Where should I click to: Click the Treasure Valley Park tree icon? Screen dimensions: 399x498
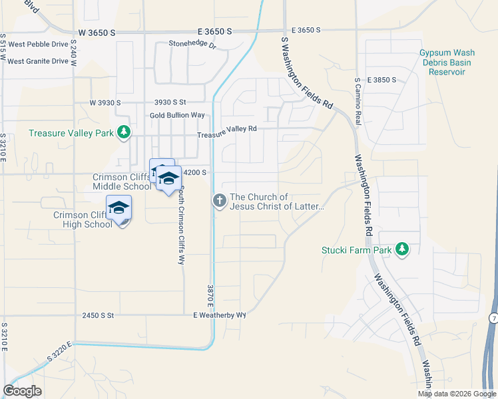pyautogui.click(x=123, y=133)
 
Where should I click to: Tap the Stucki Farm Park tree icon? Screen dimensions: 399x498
pyautogui.click(x=401, y=249)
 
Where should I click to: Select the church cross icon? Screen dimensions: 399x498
pyautogui.click(x=219, y=200)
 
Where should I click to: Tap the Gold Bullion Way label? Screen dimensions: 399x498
pyautogui.click(x=177, y=115)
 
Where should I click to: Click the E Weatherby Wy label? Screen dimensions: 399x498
pyautogui.click(x=220, y=315)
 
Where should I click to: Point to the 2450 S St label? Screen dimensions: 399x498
pyautogui.click(x=99, y=315)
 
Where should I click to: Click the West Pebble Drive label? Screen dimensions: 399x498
pyautogui.click(x=39, y=45)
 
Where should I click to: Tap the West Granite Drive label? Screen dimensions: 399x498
pyautogui.click(x=38, y=61)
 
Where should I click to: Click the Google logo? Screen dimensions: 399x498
pyautogui.click(x=23, y=391)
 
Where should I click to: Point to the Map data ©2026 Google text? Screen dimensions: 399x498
pyautogui.click(x=456, y=394)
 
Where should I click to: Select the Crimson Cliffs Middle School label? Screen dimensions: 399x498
pyautogui.click(x=122, y=182)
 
